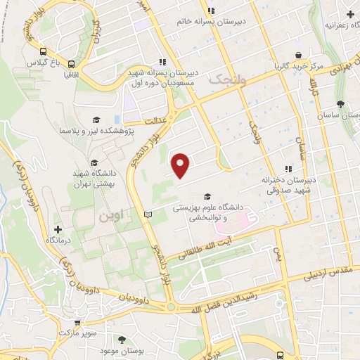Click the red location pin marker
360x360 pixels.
(181, 165)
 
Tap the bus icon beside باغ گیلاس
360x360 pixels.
(44, 52)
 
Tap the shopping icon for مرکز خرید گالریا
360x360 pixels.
(299, 56)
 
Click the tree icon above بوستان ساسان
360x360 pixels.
(340, 103)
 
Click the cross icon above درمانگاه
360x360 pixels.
(59, 229)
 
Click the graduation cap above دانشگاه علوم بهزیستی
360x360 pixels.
(207, 196)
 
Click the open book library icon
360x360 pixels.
(147, 214)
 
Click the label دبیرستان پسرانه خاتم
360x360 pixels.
(243, 21)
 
